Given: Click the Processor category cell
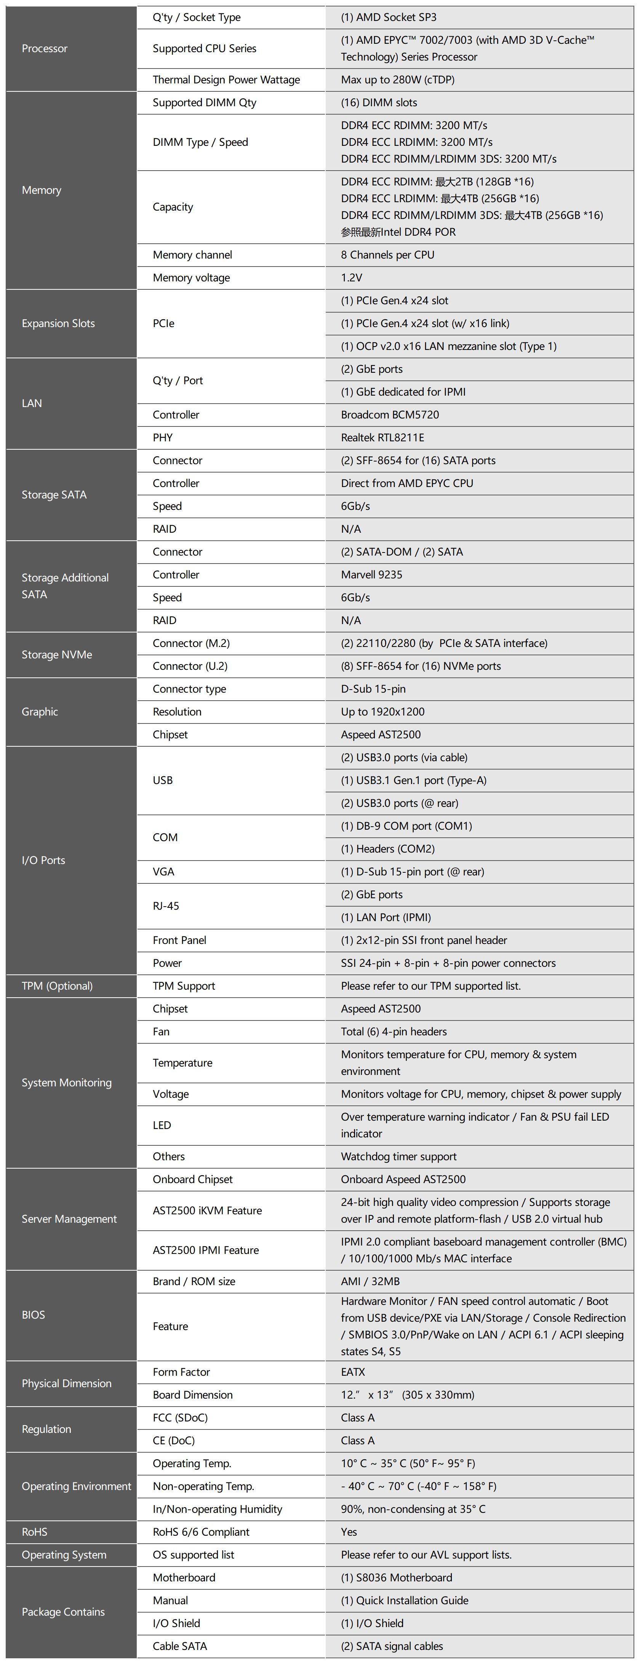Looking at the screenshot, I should coord(45,48).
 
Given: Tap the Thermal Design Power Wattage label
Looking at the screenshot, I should coord(226,80).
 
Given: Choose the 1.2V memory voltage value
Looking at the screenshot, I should coord(352,278).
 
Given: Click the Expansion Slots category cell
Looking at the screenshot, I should coord(58,323).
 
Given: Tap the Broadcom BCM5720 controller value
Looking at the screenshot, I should coord(390,415).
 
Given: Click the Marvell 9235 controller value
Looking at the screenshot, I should coord(372,574).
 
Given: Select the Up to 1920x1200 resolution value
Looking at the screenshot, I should coord(383,712).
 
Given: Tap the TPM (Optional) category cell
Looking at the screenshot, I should coord(57,986).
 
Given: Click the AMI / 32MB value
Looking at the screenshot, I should coord(370,1281).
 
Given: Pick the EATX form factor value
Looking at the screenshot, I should coord(353,1372).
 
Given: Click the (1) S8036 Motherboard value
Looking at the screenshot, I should coord(396,1578).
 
